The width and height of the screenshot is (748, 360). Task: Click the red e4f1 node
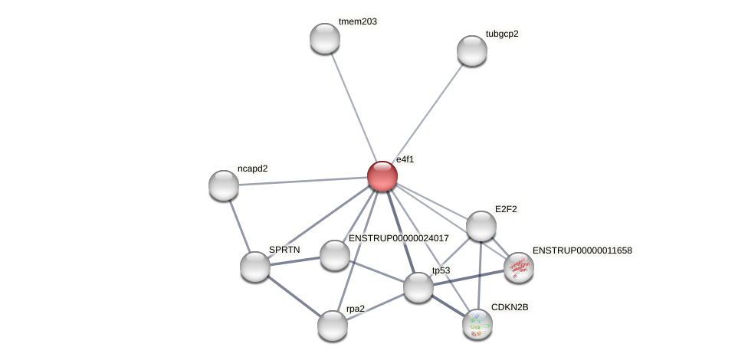coord(382,176)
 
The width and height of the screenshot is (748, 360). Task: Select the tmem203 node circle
coord(325,38)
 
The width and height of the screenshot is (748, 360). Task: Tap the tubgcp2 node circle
coord(472,51)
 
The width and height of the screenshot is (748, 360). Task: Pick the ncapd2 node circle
coord(224,185)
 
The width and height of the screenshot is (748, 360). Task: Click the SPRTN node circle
coord(255,267)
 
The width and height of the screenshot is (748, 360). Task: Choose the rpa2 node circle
coord(333,326)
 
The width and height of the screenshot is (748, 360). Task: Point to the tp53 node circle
coord(418,287)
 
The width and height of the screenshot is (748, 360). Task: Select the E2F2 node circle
coord(481,226)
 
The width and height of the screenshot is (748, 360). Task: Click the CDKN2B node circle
coord(477,324)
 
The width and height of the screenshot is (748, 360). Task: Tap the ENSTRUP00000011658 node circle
coord(519,267)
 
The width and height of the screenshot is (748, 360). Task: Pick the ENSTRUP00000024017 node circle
coord(335,255)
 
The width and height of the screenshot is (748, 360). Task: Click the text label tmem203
coord(358,21)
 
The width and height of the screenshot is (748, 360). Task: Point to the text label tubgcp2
coord(502,34)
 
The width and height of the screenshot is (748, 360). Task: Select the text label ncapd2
coord(253,169)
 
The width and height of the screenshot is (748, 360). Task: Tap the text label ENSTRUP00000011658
coord(582,250)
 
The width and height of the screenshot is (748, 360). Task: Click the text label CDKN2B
coord(510,307)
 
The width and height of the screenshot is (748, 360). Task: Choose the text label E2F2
coord(509,209)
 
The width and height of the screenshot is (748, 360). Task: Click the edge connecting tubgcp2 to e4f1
coord(428,112)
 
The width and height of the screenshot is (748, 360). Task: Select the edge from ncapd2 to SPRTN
coord(239,226)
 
